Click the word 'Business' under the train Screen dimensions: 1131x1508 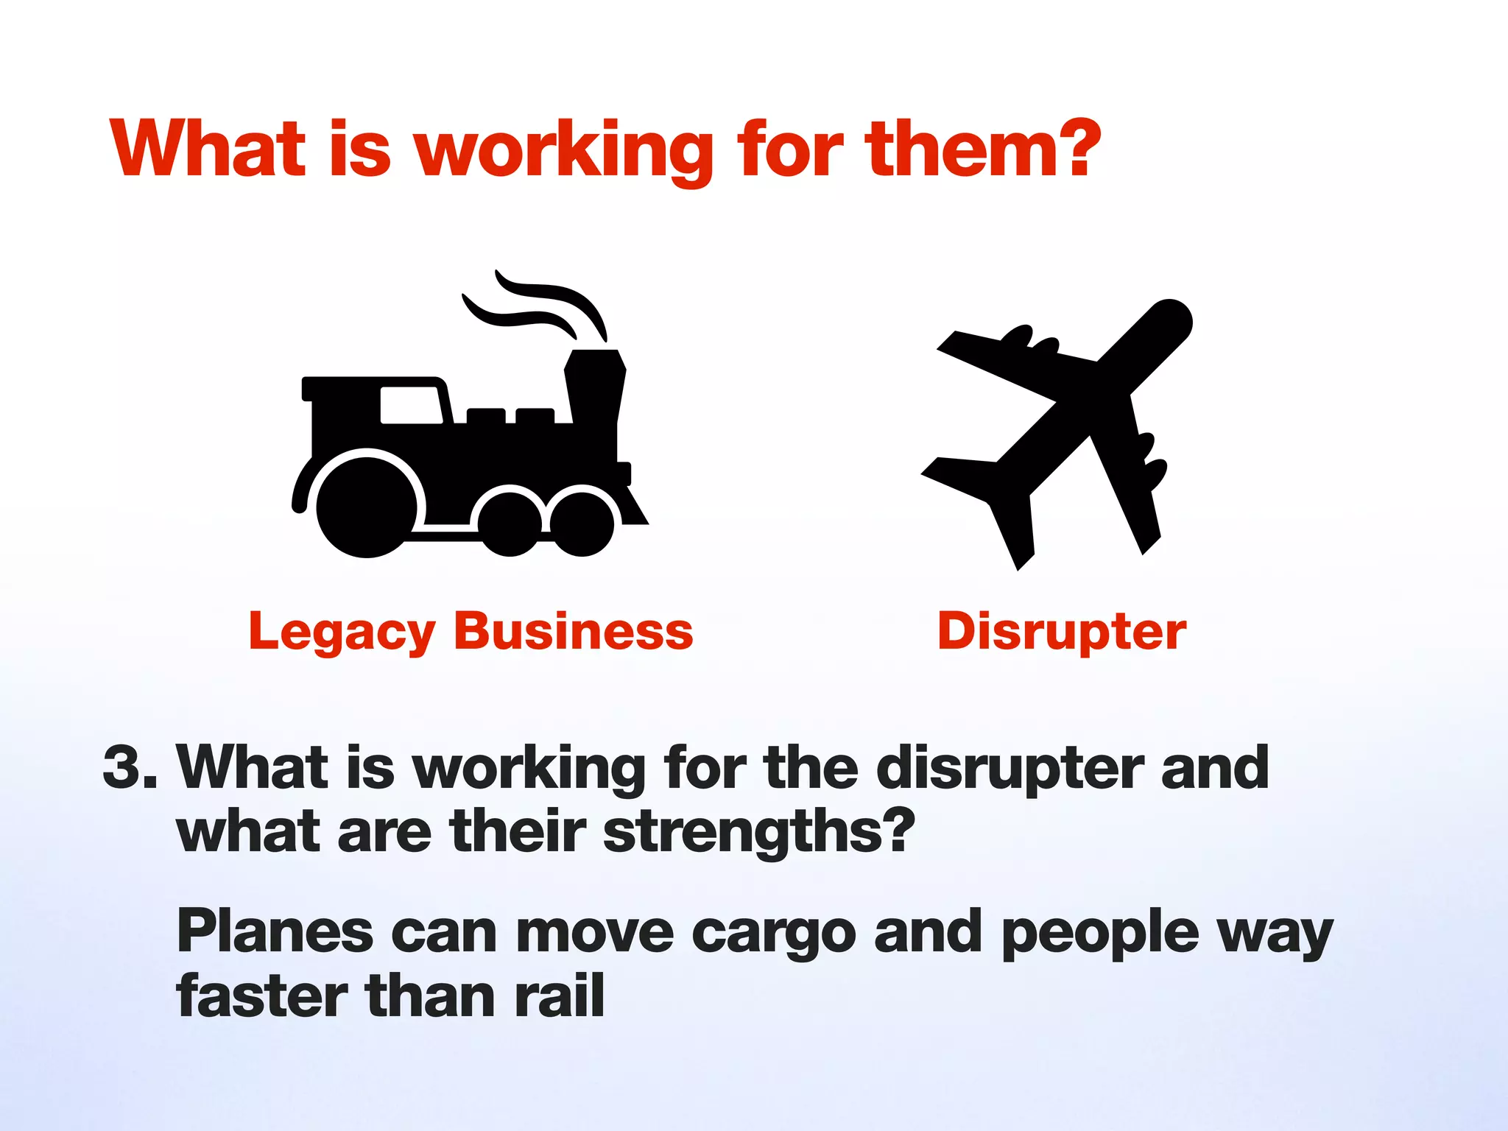point(574,631)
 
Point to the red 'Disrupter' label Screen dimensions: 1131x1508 point(1062,632)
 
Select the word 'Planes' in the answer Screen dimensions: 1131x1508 point(275,931)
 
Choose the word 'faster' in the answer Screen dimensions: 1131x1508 point(261,996)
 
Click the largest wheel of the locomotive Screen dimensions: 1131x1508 point(366,506)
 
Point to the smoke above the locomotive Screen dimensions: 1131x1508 point(538,306)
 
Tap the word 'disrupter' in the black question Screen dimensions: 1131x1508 point(1009,767)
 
